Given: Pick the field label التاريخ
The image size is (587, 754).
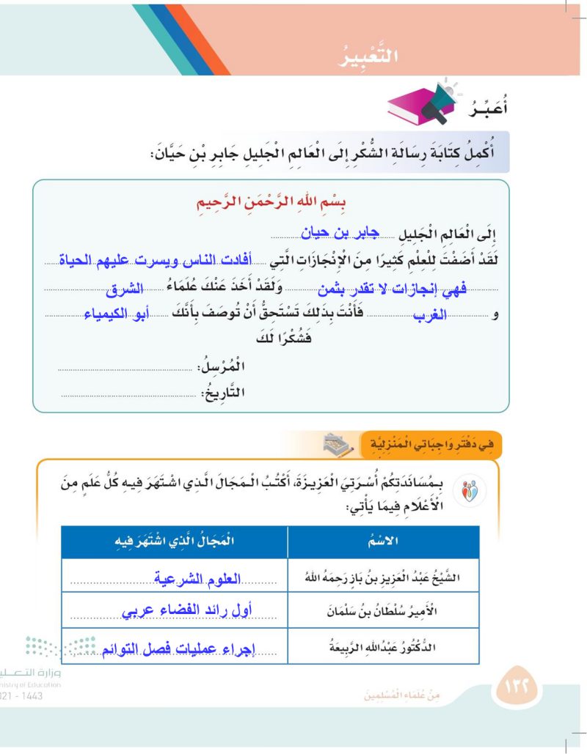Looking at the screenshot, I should click(223, 393).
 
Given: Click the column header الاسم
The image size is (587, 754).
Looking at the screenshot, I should click(384, 542).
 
